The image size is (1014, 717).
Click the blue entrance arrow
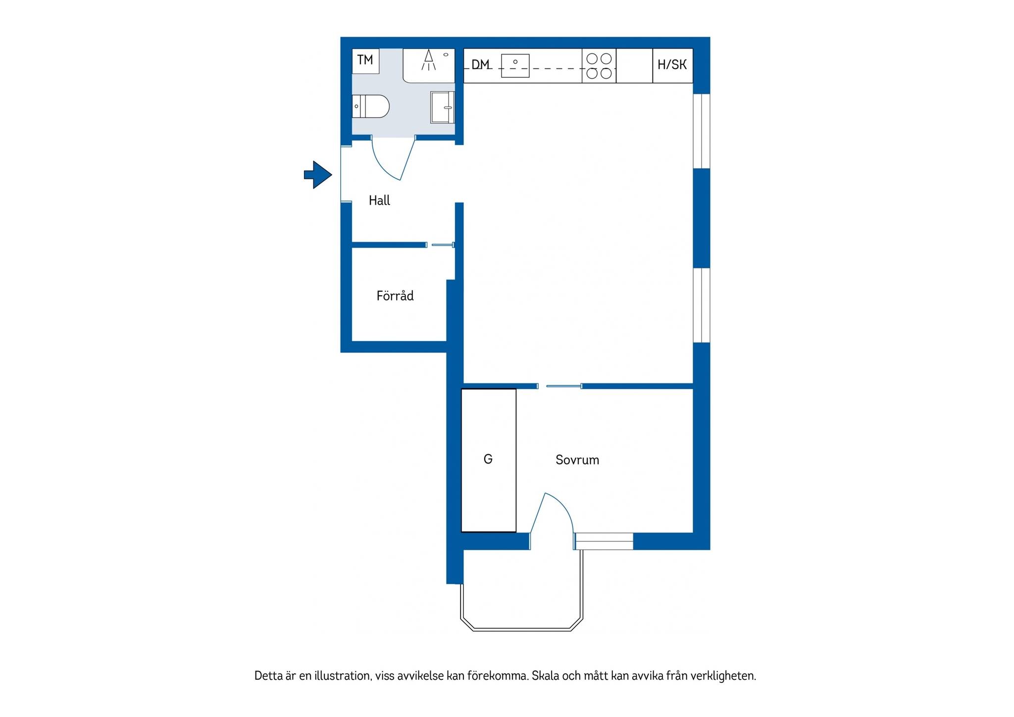318,174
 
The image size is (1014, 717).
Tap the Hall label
379,201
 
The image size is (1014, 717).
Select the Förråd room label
395,296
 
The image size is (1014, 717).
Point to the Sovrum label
577,460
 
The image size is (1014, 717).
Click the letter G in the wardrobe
488,460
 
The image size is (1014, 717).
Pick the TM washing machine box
365,61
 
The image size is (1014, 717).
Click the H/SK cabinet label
672,64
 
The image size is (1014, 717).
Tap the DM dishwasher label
480,64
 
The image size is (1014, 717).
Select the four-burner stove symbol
599,66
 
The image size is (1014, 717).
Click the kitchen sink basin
515,66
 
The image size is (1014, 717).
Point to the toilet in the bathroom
371,106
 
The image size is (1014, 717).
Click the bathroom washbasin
442,107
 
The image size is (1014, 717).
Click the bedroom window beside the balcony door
604,541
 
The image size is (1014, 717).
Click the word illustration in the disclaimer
343,676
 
